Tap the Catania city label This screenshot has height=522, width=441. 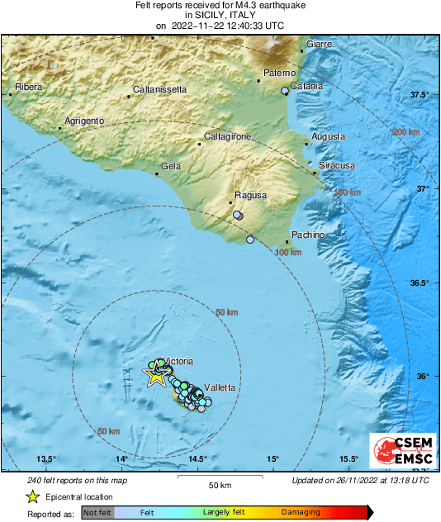(x=306, y=86)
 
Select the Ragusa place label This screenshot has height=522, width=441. (x=251, y=196)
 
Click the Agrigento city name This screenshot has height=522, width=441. (x=84, y=121)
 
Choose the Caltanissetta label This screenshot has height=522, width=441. (x=160, y=89)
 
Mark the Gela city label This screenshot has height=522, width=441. (x=171, y=167)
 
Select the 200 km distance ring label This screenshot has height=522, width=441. (x=405, y=132)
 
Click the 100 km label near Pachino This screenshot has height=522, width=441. (x=288, y=252)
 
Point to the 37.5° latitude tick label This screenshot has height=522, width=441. (x=420, y=96)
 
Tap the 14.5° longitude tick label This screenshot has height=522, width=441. (x=197, y=459)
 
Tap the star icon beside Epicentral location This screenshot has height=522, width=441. (x=32, y=496)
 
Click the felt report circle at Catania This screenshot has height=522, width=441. (x=285, y=91)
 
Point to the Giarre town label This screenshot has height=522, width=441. (x=319, y=43)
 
